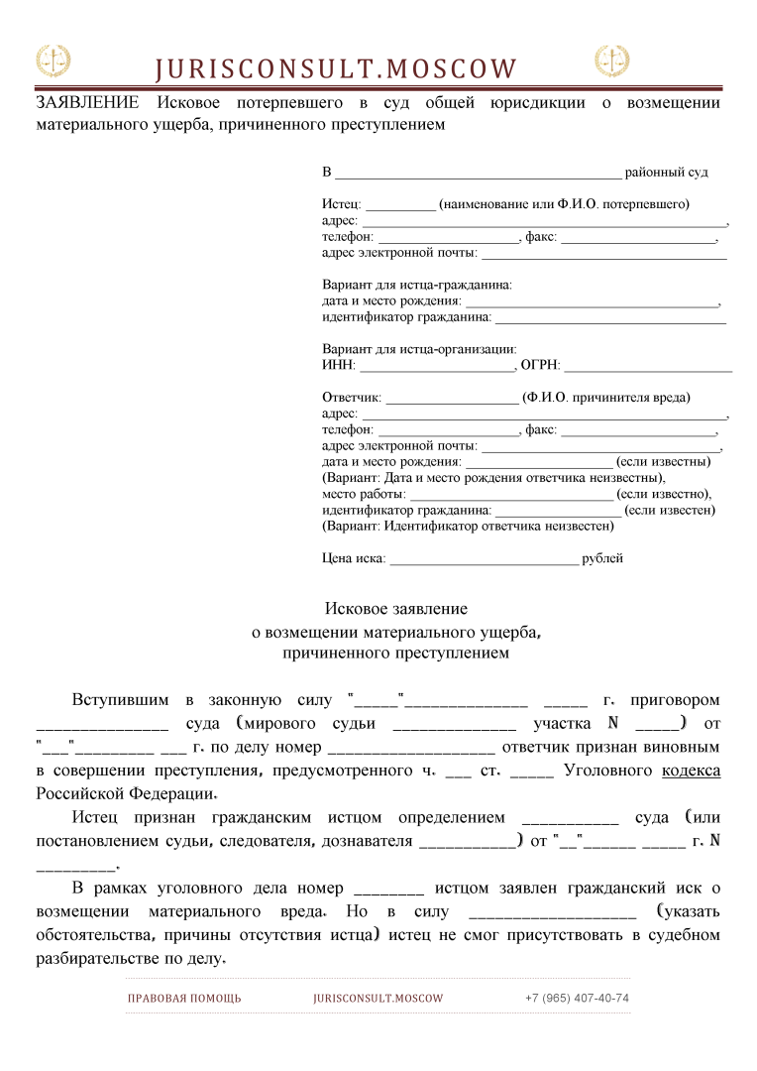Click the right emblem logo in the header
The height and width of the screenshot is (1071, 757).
coord(611,61)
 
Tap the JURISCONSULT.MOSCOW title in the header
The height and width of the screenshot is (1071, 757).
coord(336,69)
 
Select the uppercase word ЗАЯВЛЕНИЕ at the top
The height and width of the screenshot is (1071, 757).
coord(87,103)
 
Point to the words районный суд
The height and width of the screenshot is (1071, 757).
coord(666,173)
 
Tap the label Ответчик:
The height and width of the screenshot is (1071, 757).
coord(352,398)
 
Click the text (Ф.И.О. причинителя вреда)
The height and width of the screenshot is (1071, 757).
coord(607,398)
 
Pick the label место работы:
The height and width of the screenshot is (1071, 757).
coord(364,494)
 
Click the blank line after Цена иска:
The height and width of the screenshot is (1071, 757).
coord(484,559)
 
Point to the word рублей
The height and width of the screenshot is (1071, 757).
coord(602,558)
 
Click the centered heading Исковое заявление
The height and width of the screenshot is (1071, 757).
coord(396,609)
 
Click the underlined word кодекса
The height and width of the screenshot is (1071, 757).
coord(691,771)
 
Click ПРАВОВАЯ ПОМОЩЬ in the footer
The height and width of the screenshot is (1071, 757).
coord(184,998)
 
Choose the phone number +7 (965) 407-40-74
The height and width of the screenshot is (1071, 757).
coord(577,998)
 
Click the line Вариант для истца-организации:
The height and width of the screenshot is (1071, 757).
coord(419,349)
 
